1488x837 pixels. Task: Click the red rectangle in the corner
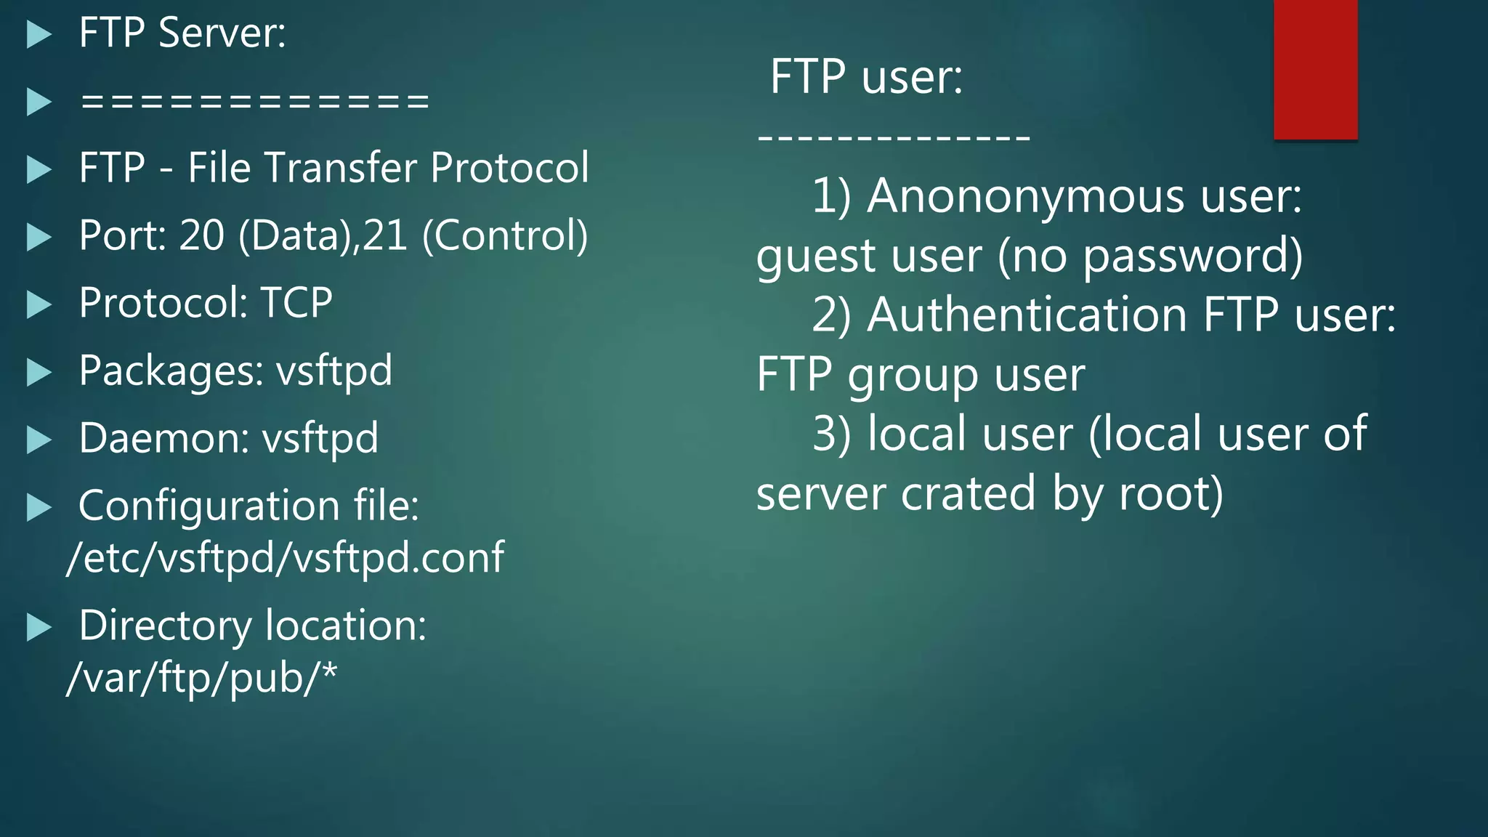click(x=1315, y=69)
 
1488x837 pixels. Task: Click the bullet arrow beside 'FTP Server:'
click(x=39, y=34)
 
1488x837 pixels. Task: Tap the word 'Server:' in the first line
click(x=222, y=33)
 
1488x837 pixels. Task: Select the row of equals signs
click(x=255, y=101)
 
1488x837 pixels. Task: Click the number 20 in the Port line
click(x=201, y=235)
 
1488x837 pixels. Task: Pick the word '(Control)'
click(x=505, y=235)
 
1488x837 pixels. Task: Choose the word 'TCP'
click(x=296, y=303)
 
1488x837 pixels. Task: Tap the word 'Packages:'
click(x=171, y=371)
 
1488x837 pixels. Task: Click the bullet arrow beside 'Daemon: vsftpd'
click(x=39, y=440)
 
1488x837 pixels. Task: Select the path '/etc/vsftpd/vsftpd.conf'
click(x=285, y=558)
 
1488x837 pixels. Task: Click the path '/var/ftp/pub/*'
click(x=202, y=678)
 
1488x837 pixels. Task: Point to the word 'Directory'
click(x=165, y=626)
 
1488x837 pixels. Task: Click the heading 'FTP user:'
click(x=866, y=76)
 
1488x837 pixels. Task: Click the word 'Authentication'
click(x=1027, y=315)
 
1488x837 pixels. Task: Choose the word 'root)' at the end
click(x=1171, y=494)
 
